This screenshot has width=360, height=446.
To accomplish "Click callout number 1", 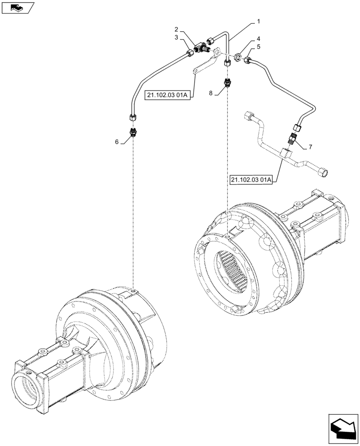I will coord(258,21).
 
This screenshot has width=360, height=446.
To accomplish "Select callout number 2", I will coord(176,29).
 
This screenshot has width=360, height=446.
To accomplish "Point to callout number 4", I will coord(258,39).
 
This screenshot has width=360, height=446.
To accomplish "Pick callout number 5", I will coord(258,47).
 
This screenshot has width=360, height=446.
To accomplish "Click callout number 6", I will coord(117,141).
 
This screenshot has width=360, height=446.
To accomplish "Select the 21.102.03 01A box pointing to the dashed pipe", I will coord(252,180).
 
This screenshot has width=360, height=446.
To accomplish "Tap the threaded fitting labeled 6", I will coord(133,132).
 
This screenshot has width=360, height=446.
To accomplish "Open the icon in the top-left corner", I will coord(18,7).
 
